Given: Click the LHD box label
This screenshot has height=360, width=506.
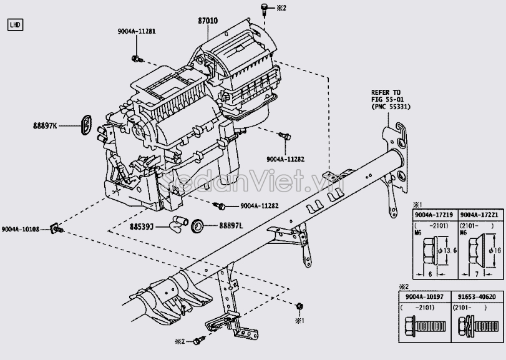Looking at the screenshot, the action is tap(15, 25).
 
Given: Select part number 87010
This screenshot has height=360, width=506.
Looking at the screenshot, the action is tap(208, 21).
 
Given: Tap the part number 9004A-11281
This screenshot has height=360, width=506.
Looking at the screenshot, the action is tap(137, 31).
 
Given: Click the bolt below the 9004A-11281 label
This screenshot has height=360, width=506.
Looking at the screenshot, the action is tap(137, 59).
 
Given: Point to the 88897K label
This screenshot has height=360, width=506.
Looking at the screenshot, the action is tap(45, 126).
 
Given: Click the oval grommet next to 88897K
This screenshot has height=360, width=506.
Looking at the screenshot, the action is tap(86, 124).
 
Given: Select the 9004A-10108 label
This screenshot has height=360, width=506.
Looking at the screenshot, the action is tap(21, 230).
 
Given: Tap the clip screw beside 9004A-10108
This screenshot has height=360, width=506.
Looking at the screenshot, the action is tap(57, 229).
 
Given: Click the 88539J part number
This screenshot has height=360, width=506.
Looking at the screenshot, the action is tap(142, 226).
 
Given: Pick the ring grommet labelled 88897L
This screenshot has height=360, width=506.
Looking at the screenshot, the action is tap(198, 225).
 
